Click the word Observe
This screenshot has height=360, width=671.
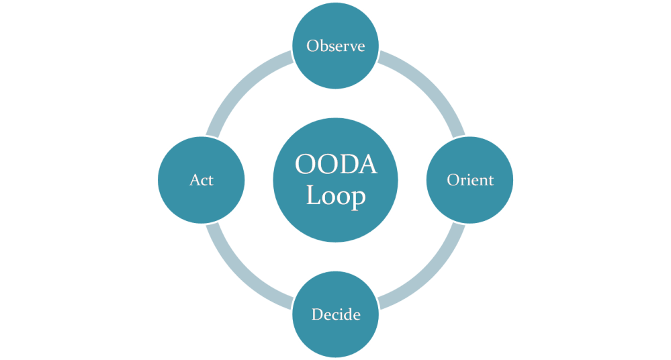(x=335, y=46)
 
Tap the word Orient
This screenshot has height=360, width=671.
(x=470, y=180)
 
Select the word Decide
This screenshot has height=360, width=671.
(x=335, y=314)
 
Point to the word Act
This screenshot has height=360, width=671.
(x=201, y=180)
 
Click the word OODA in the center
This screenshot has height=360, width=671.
(x=335, y=165)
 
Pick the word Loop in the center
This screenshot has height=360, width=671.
(x=335, y=197)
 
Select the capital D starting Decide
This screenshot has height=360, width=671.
(x=317, y=314)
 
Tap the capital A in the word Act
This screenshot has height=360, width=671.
(x=193, y=180)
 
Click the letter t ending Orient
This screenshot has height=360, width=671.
(x=490, y=180)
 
